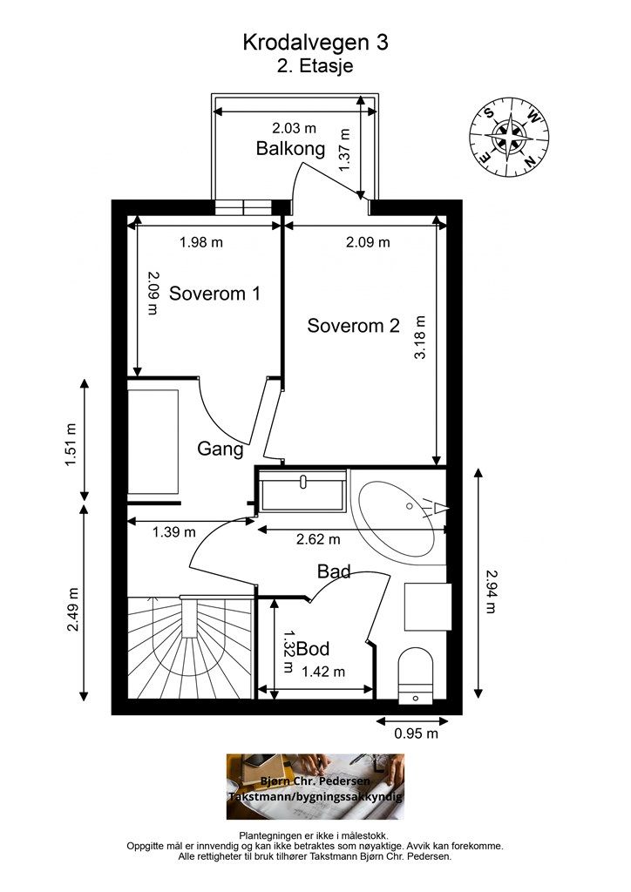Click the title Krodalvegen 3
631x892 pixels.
pyautogui.click(x=315, y=43)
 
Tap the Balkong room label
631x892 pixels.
pyautogui.click(x=290, y=148)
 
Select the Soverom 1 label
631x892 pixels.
pyautogui.click(x=214, y=294)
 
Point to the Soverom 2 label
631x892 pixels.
pyautogui.click(x=353, y=326)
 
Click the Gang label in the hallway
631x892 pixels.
pyautogui.click(x=221, y=449)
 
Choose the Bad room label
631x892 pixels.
pyautogui.click(x=334, y=571)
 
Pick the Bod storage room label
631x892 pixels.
pyautogui.click(x=313, y=648)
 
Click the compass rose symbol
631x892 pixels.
pyautogui.click(x=509, y=137)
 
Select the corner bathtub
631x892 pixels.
pyautogui.click(x=398, y=517)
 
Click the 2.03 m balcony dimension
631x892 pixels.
pyautogui.click(x=294, y=128)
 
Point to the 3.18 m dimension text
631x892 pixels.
pyautogui.click(x=420, y=337)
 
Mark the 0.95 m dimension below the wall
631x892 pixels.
pyautogui.click(x=416, y=733)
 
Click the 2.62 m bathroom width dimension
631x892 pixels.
pyautogui.click(x=318, y=538)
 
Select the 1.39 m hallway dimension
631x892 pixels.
pyautogui.click(x=173, y=532)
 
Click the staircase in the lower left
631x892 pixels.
pyautogui.click(x=190, y=647)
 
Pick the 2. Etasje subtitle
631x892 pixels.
pyautogui.click(x=315, y=65)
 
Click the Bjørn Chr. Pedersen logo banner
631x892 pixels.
pyautogui.click(x=315, y=787)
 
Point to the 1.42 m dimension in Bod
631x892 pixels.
pyautogui.click(x=323, y=672)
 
